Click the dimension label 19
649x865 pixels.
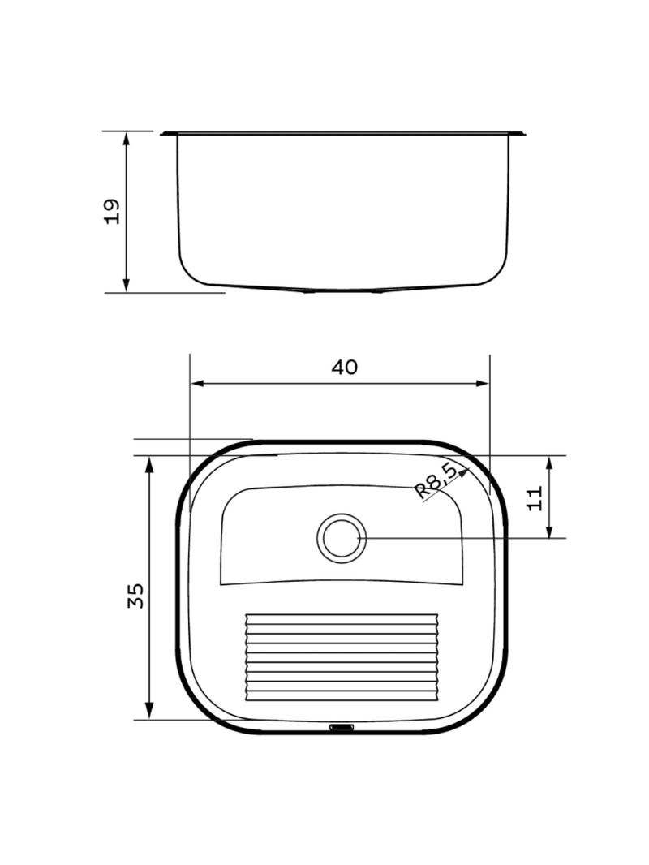point(111,211)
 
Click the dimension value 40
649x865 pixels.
point(344,367)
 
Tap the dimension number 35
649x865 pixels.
point(135,596)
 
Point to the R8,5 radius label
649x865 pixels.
point(436,482)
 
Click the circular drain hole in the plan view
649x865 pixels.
point(342,538)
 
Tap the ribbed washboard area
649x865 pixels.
point(342,656)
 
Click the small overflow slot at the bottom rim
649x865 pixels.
point(342,727)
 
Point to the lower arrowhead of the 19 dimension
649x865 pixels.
point(127,285)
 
